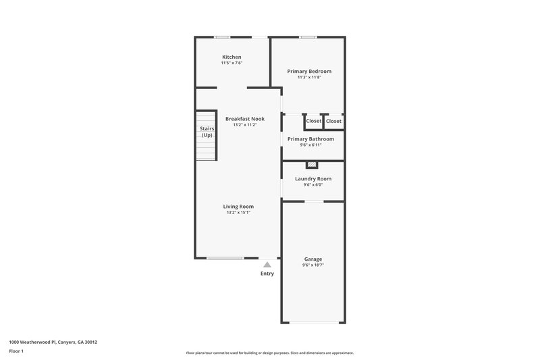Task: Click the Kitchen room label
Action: (232, 57)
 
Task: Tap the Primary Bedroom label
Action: (309, 71)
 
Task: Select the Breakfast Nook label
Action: (244, 119)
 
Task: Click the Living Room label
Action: (238, 206)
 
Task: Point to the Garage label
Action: (313, 259)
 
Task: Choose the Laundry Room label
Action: (313, 179)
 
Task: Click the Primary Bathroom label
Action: (310, 138)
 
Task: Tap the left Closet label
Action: (314, 121)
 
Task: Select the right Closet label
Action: (334, 121)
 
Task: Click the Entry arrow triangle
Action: (268, 265)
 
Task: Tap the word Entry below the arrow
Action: (268, 274)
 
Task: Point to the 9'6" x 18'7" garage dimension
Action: (313, 265)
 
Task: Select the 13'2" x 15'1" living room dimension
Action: (238, 213)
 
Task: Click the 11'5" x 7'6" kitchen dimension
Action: (232, 63)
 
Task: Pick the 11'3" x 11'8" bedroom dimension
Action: (309, 77)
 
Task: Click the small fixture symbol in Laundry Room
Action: (312, 164)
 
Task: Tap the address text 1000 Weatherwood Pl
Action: (53, 342)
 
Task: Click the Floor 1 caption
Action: (17, 351)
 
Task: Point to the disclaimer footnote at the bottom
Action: (269, 353)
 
